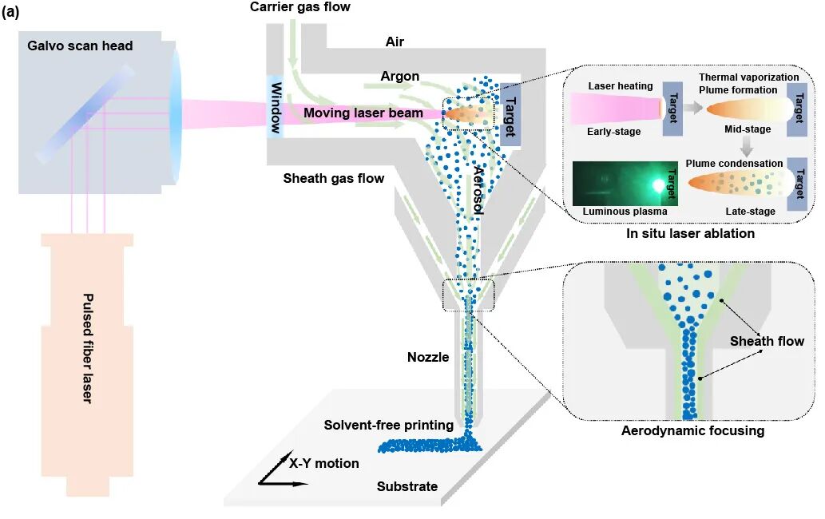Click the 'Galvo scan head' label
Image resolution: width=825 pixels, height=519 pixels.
point(80,46)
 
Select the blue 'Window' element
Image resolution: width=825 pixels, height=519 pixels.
point(276,107)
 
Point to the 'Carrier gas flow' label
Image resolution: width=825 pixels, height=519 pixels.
point(300,7)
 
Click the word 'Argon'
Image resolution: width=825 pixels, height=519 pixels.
point(400,77)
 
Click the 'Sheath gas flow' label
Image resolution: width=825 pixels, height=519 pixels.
point(333,178)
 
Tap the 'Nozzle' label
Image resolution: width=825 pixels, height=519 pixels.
point(428,357)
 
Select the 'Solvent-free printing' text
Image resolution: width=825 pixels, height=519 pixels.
point(388,425)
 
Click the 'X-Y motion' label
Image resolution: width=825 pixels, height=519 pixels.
point(324,463)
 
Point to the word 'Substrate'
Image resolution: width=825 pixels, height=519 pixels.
point(407,486)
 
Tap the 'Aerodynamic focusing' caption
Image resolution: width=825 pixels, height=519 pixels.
point(692,431)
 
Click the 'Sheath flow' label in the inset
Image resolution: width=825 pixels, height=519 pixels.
point(767,342)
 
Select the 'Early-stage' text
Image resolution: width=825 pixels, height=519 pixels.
point(613,132)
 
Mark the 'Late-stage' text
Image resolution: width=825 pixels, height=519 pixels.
point(747,211)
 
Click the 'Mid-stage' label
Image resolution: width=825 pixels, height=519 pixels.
point(746,129)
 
